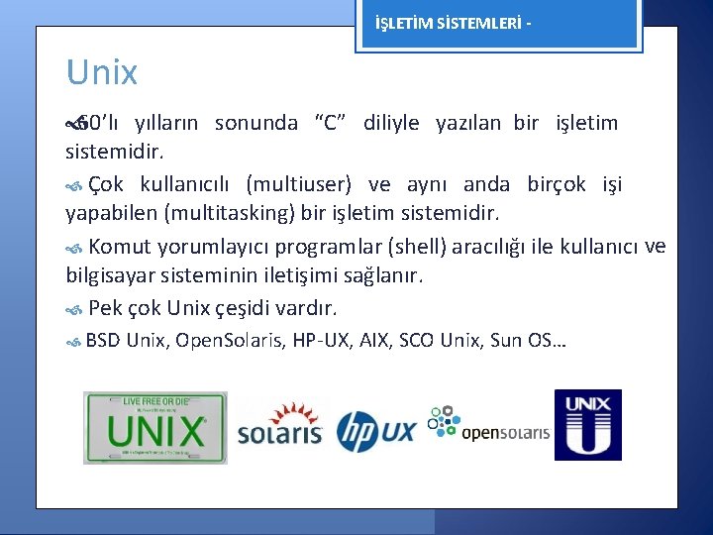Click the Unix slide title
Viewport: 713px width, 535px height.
click(102, 72)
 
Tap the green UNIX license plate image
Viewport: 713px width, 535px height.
click(155, 427)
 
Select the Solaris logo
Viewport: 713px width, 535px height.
click(280, 425)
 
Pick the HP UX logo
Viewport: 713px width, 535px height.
click(375, 430)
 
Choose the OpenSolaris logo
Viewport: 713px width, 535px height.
click(488, 424)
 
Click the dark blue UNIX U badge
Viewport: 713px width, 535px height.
click(587, 425)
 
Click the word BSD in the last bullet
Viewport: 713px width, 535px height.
click(103, 341)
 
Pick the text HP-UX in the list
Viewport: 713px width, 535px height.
click(316, 341)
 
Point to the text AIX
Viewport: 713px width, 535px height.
click(373, 341)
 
